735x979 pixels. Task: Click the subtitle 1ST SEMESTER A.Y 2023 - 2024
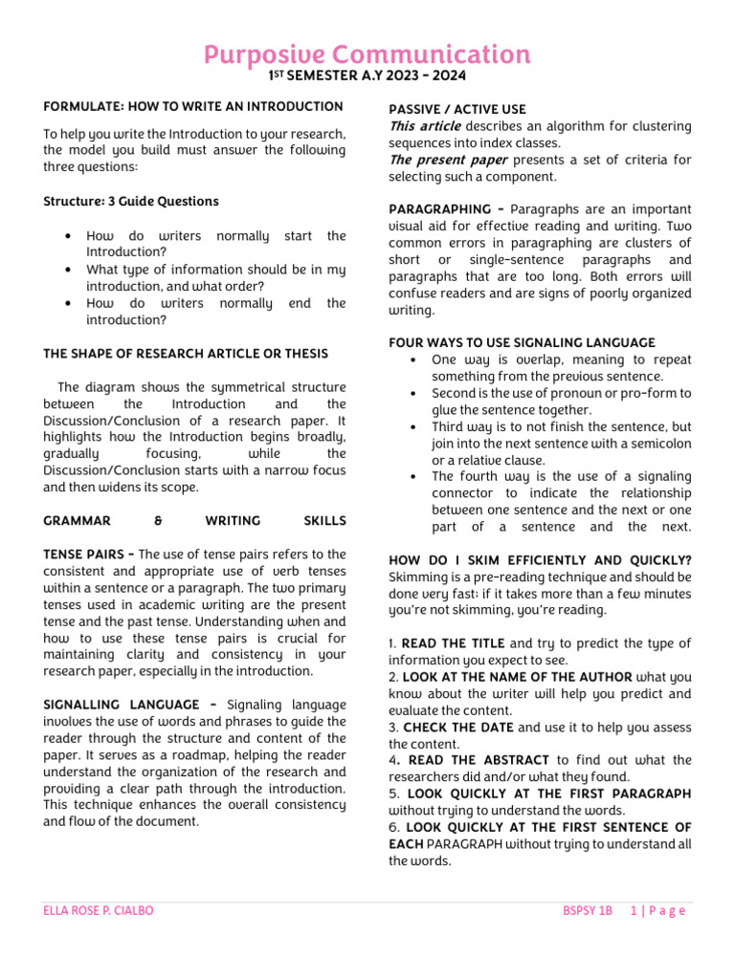pyautogui.click(x=367, y=76)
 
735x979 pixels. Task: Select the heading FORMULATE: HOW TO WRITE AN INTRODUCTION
pyautogui.click(x=193, y=106)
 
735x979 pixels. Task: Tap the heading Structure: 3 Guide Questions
pyautogui.click(x=131, y=201)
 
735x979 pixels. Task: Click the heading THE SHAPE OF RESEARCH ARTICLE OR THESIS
pyautogui.click(x=186, y=353)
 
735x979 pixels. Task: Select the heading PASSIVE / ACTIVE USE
pyautogui.click(x=457, y=110)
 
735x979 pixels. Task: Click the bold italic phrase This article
pyautogui.click(x=424, y=127)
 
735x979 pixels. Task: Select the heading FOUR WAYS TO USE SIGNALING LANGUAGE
pyautogui.click(x=523, y=342)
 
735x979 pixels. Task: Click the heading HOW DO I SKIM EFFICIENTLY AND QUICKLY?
pyautogui.click(x=540, y=560)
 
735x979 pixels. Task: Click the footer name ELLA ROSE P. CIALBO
pyautogui.click(x=99, y=911)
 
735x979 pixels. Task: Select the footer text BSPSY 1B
pyautogui.click(x=587, y=911)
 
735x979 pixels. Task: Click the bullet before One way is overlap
pyautogui.click(x=411, y=360)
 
